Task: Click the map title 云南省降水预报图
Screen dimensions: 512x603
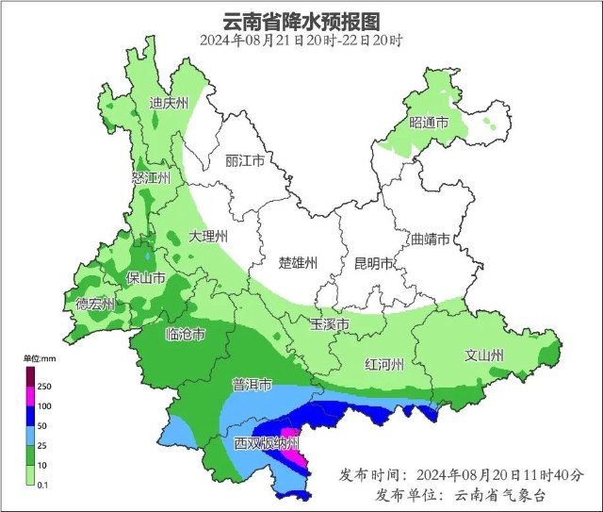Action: tap(301, 20)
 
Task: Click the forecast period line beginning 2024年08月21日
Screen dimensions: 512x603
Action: tap(301, 41)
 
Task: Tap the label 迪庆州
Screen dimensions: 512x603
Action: tap(171, 104)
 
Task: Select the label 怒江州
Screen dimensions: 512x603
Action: tap(151, 176)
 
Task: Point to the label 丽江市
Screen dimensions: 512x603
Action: tap(245, 160)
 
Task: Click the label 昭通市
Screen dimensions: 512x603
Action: tap(428, 124)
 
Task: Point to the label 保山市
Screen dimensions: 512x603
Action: tap(146, 278)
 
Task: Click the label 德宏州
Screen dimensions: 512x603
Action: tap(95, 304)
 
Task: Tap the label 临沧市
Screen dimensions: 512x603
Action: tap(185, 334)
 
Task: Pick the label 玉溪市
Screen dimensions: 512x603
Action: tap(330, 324)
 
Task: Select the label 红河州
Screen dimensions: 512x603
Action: tap(384, 364)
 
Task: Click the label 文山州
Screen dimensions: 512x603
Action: tap(484, 355)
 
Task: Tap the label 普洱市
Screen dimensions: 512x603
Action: tap(252, 385)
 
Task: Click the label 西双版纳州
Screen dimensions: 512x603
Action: tap(267, 442)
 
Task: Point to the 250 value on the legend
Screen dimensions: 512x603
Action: tap(44, 387)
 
